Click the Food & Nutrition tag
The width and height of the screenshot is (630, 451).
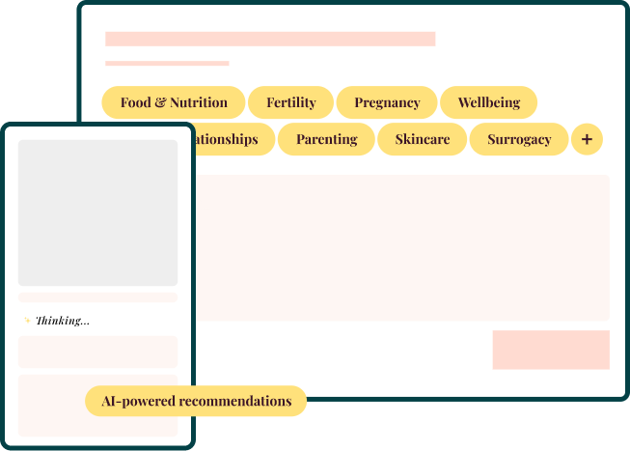pyautogui.click(x=174, y=102)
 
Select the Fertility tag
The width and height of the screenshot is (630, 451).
pyautogui.click(x=290, y=102)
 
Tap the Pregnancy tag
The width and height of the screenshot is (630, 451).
pyautogui.click(x=387, y=102)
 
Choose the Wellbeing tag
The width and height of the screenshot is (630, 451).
pyautogui.click(x=488, y=102)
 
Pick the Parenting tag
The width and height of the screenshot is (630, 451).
pyautogui.click(x=326, y=139)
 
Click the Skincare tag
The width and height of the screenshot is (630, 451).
pyautogui.click(x=422, y=139)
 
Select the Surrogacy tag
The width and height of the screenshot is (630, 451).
pyautogui.click(x=519, y=139)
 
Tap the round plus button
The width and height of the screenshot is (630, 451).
pyautogui.click(x=587, y=139)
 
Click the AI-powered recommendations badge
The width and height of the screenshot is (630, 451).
pyautogui.click(x=196, y=401)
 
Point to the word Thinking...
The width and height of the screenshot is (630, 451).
pyautogui.click(x=63, y=321)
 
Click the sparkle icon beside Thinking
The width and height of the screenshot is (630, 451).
pyautogui.click(x=27, y=321)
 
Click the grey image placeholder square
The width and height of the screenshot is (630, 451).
pyautogui.click(x=97, y=212)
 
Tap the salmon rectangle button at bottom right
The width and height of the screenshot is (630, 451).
pyautogui.click(x=551, y=350)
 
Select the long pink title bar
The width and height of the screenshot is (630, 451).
pyautogui.click(x=270, y=39)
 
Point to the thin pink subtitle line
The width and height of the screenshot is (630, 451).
pyautogui.click(x=167, y=64)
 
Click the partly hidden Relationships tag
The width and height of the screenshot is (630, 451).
pyautogui.click(x=228, y=139)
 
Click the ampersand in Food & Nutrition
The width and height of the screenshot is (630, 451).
pyautogui.click(x=160, y=102)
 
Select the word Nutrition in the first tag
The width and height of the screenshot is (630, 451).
pyautogui.click(x=199, y=102)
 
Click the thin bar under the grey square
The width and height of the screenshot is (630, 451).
pyautogui.click(x=97, y=297)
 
